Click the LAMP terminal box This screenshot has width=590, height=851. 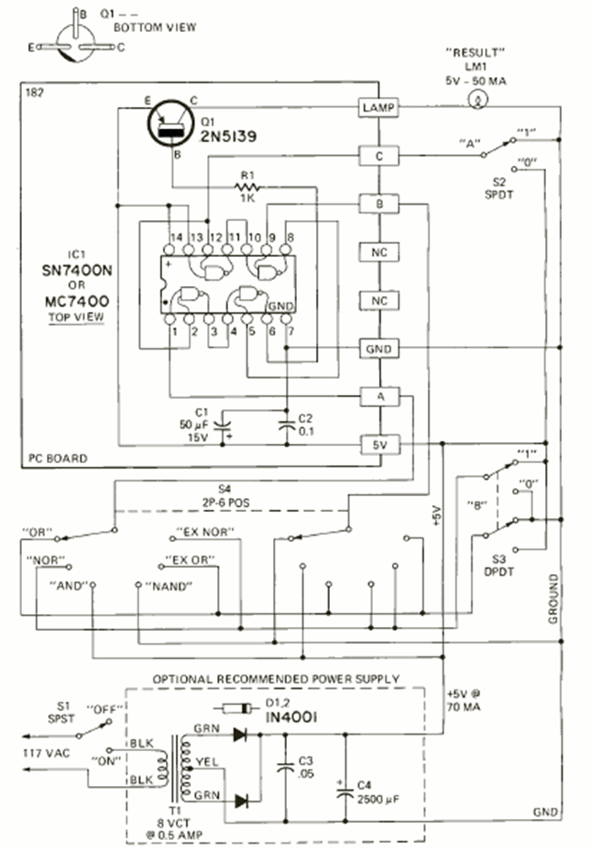point(377,109)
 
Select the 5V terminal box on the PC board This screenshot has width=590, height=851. point(377,444)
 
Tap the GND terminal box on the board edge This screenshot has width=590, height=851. point(377,348)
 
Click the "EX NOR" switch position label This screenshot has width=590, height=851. point(203,533)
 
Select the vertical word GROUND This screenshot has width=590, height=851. point(554,599)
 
